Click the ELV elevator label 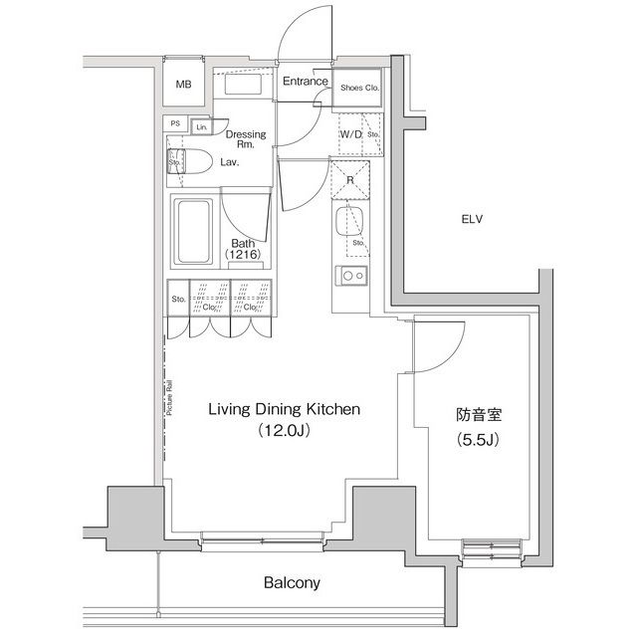click(x=472, y=219)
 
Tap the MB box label click(x=183, y=85)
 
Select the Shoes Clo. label click(x=359, y=87)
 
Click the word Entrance click(x=305, y=82)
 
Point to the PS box click(x=176, y=124)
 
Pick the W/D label click(x=349, y=133)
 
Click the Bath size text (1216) click(x=244, y=256)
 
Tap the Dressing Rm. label click(x=245, y=139)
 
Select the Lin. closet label click(x=202, y=127)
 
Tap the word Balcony click(x=291, y=583)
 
